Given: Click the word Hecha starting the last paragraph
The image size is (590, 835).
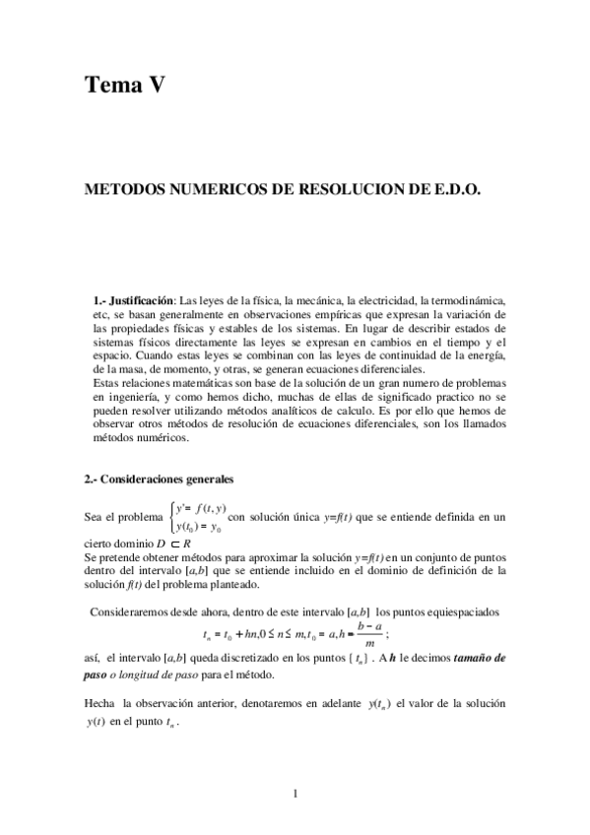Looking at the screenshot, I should (100, 704).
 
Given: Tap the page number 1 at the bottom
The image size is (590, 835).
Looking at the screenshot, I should (295, 792).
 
